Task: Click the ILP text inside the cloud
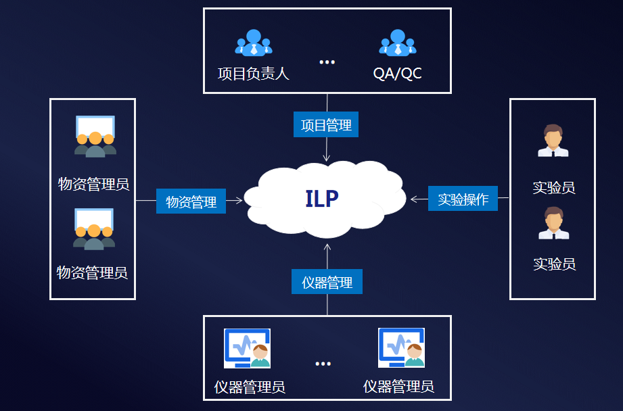pos(322,199)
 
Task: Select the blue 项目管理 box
pos(326,124)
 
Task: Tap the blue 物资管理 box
pos(191,201)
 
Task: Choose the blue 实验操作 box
pos(463,198)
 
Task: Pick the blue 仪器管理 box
pos(327,281)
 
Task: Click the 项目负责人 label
pos(253,74)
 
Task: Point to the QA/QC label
pos(397,74)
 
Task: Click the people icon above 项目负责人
pos(254,42)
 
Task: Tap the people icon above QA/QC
pos(397,42)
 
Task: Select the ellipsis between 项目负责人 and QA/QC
pos(327,62)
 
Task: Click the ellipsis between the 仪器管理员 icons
pos(323,364)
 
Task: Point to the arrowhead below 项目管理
pos(326,158)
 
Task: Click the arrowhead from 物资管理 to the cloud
pos(239,201)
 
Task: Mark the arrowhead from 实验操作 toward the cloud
pos(413,199)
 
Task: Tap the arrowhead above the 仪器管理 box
pos(327,247)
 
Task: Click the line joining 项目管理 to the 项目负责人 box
pos(327,103)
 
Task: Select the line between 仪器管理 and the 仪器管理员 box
pos(327,305)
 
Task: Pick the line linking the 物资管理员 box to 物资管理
pos(146,201)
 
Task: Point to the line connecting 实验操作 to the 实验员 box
pos(503,197)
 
